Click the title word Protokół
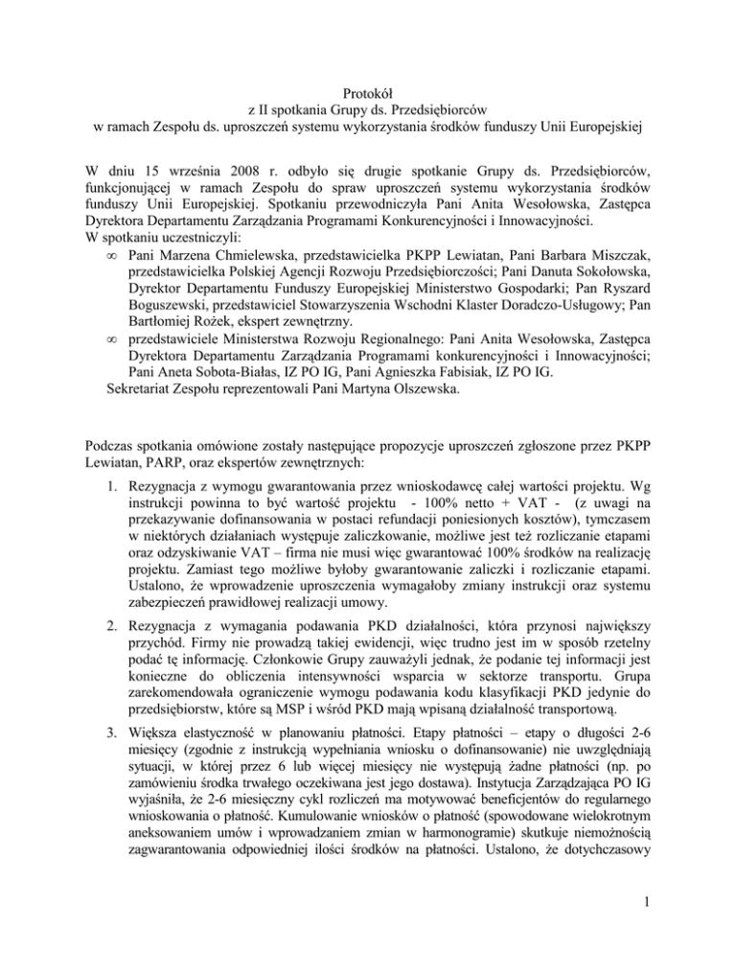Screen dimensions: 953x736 click(x=367, y=90)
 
